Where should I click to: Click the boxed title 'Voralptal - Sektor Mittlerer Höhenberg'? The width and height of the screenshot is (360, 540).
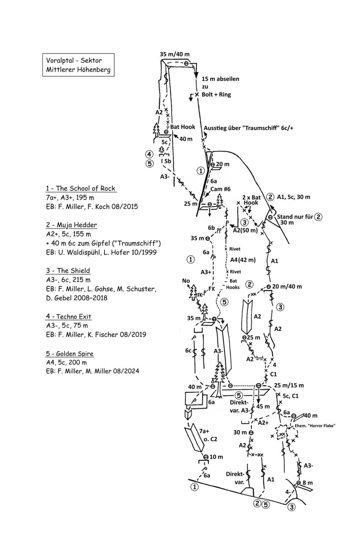click(78, 65)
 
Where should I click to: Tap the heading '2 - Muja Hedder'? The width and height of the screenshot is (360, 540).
click(71, 225)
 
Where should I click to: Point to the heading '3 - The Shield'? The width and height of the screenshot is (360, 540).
click(68, 270)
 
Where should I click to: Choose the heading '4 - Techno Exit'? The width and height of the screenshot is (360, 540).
click(69, 316)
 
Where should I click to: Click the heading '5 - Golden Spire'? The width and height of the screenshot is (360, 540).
click(70, 354)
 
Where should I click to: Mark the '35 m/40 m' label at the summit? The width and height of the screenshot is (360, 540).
click(175, 54)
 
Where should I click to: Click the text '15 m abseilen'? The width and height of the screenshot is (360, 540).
click(220, 79)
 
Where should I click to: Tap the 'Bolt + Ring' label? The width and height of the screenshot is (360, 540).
click(216, 94)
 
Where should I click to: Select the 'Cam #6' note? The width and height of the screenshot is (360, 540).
click(220, 189)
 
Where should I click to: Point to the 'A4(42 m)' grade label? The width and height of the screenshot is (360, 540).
click(243, 260)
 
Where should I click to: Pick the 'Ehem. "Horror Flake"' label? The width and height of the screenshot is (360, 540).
click(315, 426)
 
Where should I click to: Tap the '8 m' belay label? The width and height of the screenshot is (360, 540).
click(307, 483)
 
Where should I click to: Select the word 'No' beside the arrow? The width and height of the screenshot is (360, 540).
click(186, 280)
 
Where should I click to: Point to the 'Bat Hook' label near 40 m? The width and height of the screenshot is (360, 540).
click(183, 127)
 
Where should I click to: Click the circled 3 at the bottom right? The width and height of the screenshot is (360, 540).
click(292, 507)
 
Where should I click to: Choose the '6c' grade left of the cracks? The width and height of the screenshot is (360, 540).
click(188, 350)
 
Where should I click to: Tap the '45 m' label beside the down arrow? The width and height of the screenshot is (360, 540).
click(263, 406)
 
